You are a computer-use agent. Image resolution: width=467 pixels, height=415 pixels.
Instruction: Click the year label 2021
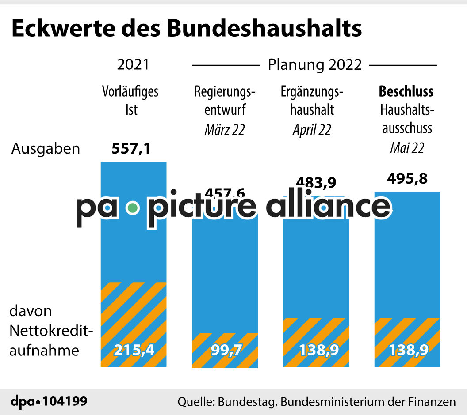tap(133, 65)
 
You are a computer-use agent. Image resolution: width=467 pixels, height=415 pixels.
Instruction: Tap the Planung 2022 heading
tap(314, 65)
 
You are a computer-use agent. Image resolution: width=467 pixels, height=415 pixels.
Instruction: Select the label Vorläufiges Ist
tap(130, 100)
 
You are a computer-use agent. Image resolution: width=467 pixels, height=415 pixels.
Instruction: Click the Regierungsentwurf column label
tap(225, 100)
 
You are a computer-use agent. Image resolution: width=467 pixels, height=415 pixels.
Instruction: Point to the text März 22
tap(225, 130)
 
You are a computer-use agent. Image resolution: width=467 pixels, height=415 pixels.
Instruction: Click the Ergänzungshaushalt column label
tap(312, 100)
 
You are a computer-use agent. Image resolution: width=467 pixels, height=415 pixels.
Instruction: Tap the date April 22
tap(312, 130)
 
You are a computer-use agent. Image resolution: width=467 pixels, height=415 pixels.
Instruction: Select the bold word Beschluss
tap(406, 91)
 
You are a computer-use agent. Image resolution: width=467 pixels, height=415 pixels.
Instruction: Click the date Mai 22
tap(407, 148)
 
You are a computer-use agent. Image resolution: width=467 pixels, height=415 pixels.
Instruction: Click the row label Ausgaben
tap(46, 149)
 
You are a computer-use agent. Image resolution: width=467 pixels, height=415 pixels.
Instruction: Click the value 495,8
tap(407, 179)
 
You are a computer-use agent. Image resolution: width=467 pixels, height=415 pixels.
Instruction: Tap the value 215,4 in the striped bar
tap(134, 350)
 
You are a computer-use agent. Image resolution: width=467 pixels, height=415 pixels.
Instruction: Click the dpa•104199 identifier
tap(49, 402)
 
